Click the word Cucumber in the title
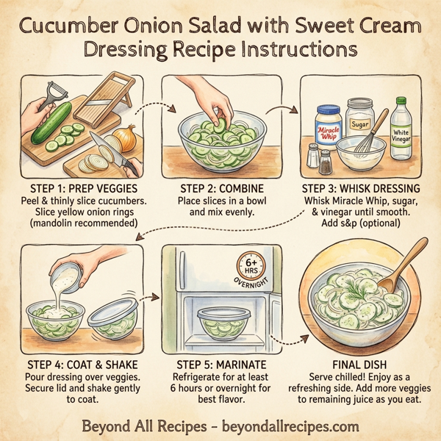coord(72,27)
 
